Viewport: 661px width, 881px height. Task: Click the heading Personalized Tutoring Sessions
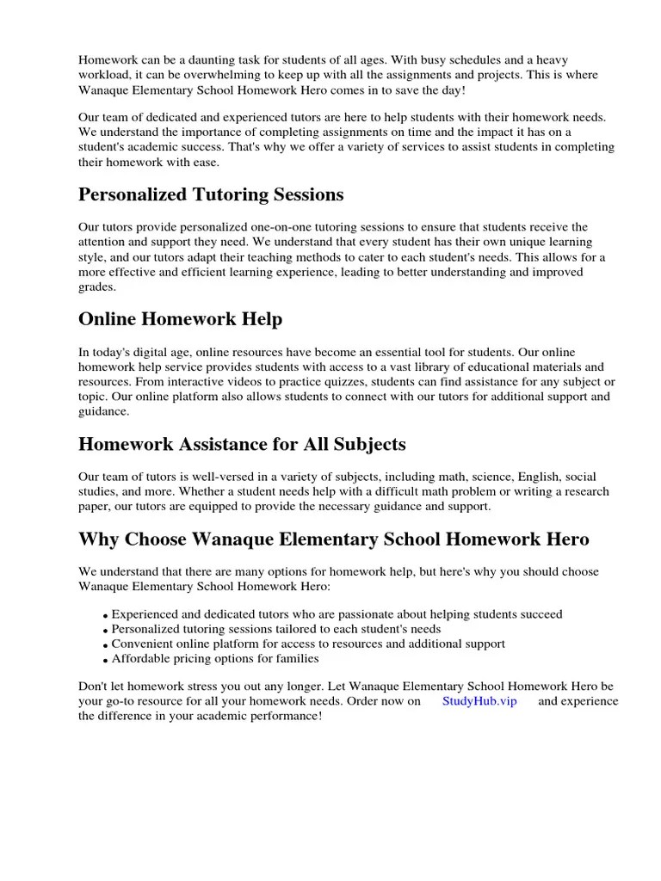(211, 195)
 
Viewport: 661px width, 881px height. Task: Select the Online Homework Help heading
(180, 319)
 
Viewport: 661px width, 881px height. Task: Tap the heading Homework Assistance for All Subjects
(242, 444)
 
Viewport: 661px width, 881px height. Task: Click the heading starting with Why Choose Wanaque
(334, 539)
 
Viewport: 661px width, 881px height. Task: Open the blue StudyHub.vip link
(479, 700)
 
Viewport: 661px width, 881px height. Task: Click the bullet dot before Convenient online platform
(105, 645)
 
